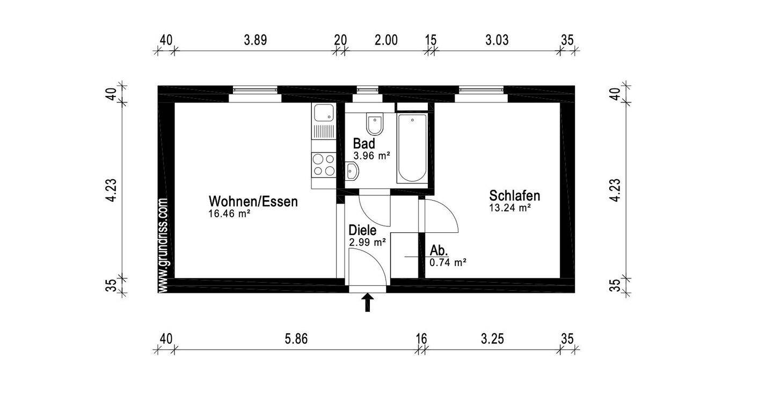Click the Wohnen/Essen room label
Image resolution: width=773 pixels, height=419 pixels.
253,202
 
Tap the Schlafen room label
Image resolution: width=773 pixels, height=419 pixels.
514,196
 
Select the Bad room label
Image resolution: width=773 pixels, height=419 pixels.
363,144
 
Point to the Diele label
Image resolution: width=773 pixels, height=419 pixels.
362,230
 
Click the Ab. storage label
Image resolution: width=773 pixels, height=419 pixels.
439,251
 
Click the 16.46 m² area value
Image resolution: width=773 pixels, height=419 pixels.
230,214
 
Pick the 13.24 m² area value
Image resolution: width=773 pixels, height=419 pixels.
509,208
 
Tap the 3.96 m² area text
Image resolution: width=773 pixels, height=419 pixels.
371,156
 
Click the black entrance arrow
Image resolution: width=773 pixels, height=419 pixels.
368,303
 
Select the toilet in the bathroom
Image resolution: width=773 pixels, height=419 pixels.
375,124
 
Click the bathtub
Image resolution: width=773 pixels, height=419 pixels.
412,148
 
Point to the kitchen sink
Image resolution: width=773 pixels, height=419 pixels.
323,113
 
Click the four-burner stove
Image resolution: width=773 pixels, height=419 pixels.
323,164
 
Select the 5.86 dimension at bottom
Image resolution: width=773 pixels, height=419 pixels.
296,339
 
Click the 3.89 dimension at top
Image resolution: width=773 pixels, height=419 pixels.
256,40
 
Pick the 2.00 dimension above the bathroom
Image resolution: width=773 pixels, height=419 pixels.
386,40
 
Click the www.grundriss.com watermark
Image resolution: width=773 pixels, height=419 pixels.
164,246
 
